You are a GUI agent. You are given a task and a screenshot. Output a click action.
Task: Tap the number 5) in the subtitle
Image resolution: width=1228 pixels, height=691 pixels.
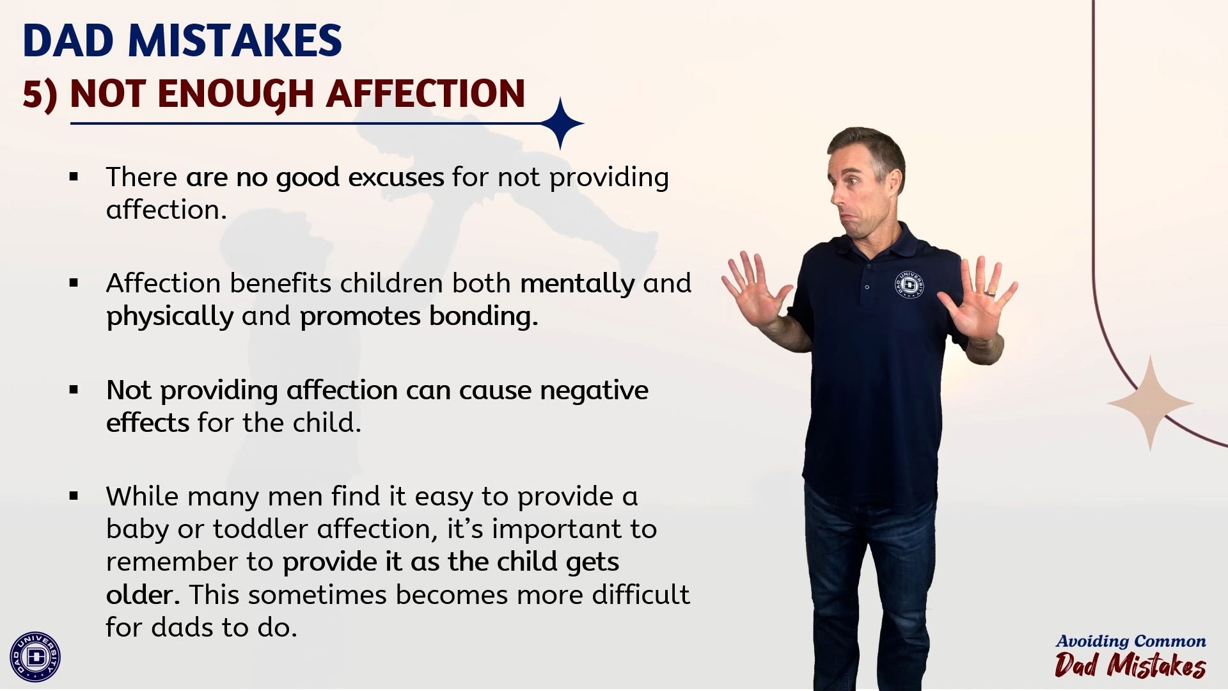pyautogui.click(x=40, y=95)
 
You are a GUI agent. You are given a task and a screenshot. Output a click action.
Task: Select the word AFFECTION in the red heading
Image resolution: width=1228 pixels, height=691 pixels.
pyautogui.click(x=425, y=94)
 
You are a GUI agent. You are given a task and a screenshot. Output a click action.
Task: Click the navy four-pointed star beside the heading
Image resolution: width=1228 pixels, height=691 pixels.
pyautogui.click(x=561, y=123)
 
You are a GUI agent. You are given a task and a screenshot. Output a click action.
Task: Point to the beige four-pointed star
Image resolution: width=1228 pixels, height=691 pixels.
pyautogui.click(x=1150, y=404)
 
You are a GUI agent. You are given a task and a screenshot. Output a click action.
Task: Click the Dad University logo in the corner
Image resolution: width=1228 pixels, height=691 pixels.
pyautogui.click(x=35, y=656)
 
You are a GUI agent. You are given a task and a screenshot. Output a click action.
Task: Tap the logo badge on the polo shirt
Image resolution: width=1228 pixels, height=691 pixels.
pyautogui.click(x=909, y=285)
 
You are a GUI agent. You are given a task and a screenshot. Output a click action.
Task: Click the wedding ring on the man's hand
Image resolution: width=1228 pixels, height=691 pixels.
pyautogui.click(x=990, y=293)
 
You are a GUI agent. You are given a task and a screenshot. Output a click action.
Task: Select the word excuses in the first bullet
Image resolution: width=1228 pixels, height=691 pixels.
pyautogui.click(x=396, y=177)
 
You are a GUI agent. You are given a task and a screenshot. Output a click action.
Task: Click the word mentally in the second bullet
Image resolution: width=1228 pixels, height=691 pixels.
pyautogui.click(x=578, y=284)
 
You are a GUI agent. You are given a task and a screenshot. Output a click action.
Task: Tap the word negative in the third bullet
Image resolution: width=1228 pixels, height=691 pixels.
pyautogui.click(x=594, y=390)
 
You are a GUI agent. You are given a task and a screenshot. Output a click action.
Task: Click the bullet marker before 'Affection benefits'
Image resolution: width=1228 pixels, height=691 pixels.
pyautogui.click(x=74, y=283)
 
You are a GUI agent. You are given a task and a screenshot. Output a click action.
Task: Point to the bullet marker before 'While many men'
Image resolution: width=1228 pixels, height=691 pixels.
pyautogui.click(x=74, y=496)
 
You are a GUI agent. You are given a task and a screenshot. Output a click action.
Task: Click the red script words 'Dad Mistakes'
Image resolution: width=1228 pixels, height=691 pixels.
pyautogui.click(x=1130, y=665)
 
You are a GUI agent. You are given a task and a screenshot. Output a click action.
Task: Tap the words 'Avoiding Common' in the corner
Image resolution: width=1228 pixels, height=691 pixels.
pyautogui.click(x=1131, y=641)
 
